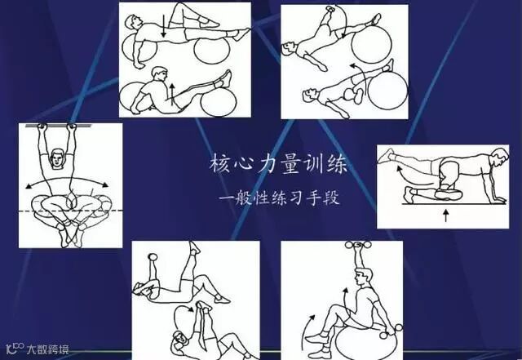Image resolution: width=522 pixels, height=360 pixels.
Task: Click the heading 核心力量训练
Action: [279, 163]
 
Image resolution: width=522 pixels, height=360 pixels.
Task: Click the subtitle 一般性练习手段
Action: [279, 198]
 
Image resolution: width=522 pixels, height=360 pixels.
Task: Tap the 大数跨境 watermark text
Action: [48, 349]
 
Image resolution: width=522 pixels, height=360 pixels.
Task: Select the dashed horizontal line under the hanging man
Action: [71, 211]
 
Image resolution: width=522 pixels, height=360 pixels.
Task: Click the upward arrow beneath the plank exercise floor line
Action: [446, 216]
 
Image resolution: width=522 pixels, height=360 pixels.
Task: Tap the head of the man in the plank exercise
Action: [499, 158]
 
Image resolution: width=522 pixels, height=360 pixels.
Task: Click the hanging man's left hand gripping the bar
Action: [42, 127]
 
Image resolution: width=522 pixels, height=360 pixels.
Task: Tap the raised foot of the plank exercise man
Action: [386, 156]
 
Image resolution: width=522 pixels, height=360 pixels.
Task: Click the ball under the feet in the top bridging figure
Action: [212, 51]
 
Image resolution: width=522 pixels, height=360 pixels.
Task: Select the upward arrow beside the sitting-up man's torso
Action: [172, 95]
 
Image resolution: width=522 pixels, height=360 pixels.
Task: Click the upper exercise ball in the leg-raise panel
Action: [371, 43]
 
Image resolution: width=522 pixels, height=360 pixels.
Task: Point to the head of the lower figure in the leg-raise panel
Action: [309, 95]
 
